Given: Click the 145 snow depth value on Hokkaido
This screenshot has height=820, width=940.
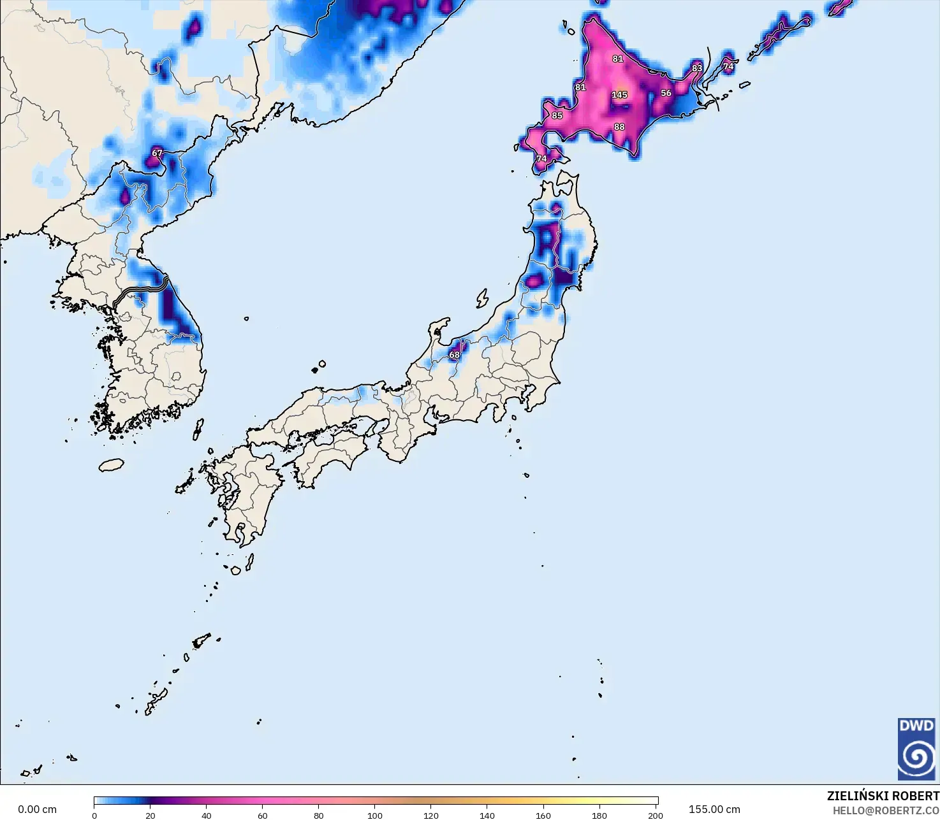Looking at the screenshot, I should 619,95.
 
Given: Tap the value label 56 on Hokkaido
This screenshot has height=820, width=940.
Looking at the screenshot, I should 666,93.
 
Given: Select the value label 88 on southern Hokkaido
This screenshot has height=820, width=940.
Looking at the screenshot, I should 619,127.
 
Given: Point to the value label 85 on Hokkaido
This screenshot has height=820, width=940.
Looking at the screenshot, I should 557,116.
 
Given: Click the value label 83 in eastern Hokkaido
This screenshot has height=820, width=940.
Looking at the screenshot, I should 697,68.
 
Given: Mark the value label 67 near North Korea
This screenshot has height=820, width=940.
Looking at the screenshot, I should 158,153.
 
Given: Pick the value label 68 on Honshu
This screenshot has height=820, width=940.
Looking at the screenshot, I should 454,355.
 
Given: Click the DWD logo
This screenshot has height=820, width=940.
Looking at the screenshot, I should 916,749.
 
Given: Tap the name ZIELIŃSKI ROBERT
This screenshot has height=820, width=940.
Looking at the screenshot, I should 883,796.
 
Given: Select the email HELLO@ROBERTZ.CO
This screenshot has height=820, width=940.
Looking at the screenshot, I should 886,810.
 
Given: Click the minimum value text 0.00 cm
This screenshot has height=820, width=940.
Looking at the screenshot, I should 37,809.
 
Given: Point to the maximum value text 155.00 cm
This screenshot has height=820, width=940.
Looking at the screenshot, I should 714,809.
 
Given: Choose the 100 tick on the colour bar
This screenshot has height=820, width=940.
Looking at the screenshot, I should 375,815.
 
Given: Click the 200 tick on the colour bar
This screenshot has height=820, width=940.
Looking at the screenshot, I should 655,815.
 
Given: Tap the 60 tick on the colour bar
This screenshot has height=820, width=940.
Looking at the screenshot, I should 263,815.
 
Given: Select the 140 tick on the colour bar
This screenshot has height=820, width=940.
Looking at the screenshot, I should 487,815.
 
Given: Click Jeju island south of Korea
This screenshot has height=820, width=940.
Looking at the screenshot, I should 111,465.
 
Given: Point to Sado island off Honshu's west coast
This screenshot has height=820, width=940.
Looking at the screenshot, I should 482,298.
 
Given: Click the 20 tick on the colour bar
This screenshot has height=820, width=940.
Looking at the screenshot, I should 151,815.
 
